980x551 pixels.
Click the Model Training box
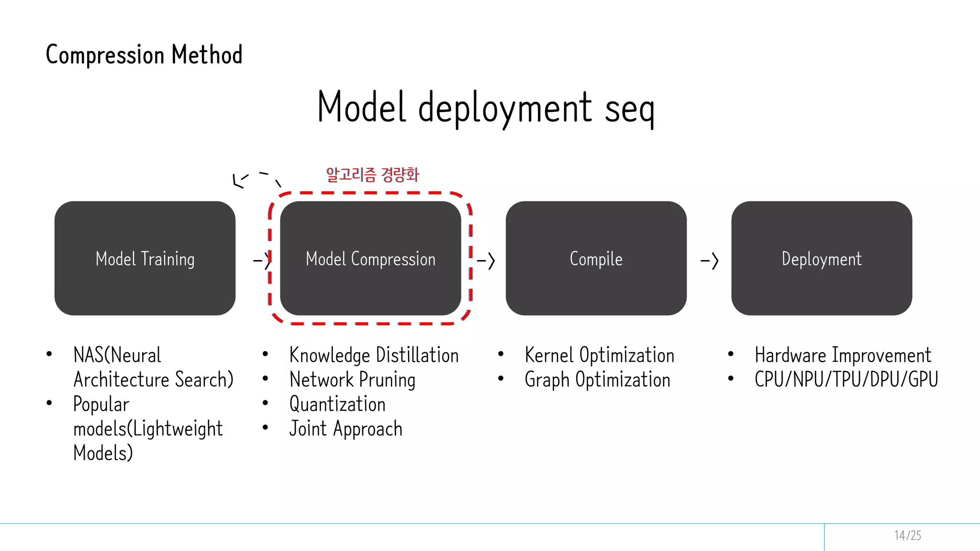pyautogui.click(x=145, y=258)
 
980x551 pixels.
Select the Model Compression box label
pyautogui.click(x=370, y=259)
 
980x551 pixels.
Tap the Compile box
pyautogui.click(x=596, y=258)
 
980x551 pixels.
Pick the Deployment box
pyautogui.click(x=821, y=258)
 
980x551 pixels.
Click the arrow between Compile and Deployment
pyautogui.click(x=710, y=261)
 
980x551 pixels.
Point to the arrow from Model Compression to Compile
pyautogui.click(x=486, y=261)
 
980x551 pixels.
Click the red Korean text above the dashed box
pyautogui.click(x=372, y=175)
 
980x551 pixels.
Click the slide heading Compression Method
pyautogui.click(x=144, y=55)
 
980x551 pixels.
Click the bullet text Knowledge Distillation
pyautogui.click(x=374, y=355)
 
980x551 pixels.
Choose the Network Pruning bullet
pyautogui.click(x=352, y=380)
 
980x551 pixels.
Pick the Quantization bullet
pyautogui.click(x=337, y=404)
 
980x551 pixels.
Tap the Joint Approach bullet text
pyautogui.click(x=345, y=429)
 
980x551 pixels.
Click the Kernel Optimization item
pyautogui.click(x=599, y=355)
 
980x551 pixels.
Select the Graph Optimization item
pyautogui.click(x=597, y=380)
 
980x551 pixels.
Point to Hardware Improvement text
pyautogui.click(x=843, y=355)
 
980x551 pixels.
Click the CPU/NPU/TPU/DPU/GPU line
pyautogui.click(x=846, y=380)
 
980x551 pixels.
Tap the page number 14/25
pyautogui.click(x=907, y=535)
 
